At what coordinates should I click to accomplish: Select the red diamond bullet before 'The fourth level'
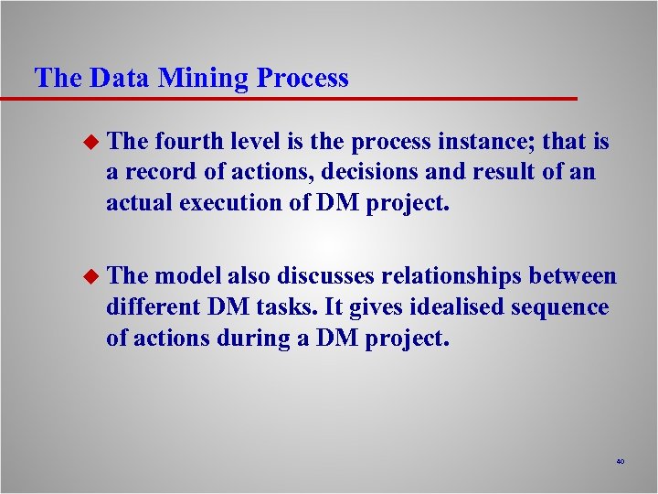[x=89, y=143]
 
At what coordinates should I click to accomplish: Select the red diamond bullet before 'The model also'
[x=89, y=276]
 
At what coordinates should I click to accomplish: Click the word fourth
[x=186, y=142]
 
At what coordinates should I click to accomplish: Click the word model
[x=187, y=276]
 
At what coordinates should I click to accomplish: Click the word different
[x=149, y=306]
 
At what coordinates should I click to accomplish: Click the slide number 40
[x=620, y=462]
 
